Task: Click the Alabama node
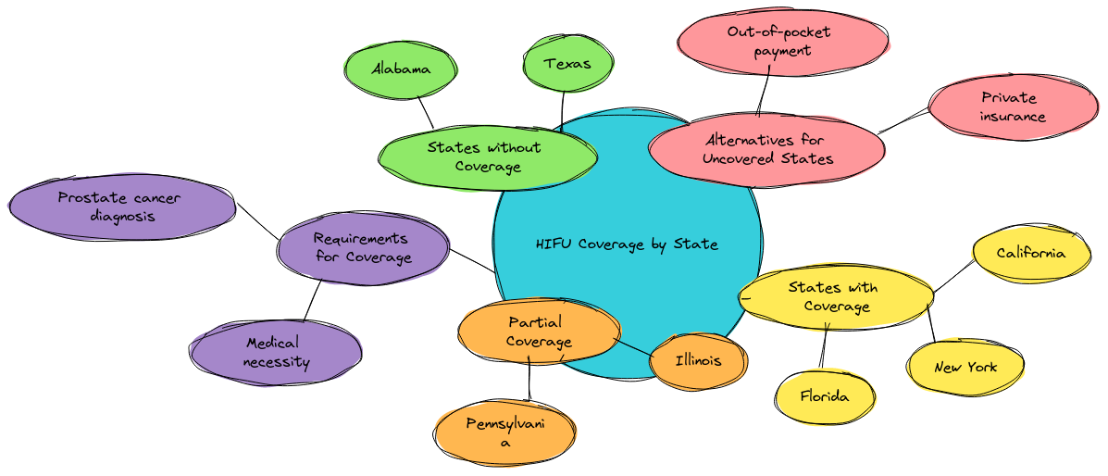[x=401, y=69]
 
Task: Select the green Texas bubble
[x=567, y=63]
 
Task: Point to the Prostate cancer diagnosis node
[x=120, y=207]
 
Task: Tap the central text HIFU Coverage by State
[x=627, y=244]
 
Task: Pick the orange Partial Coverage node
[x=538, y=332]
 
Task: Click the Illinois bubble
[x=698, y=360]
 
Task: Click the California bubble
[x=1030, y=253]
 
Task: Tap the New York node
[x=965, y=367]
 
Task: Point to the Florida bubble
[x=824, y=396]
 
